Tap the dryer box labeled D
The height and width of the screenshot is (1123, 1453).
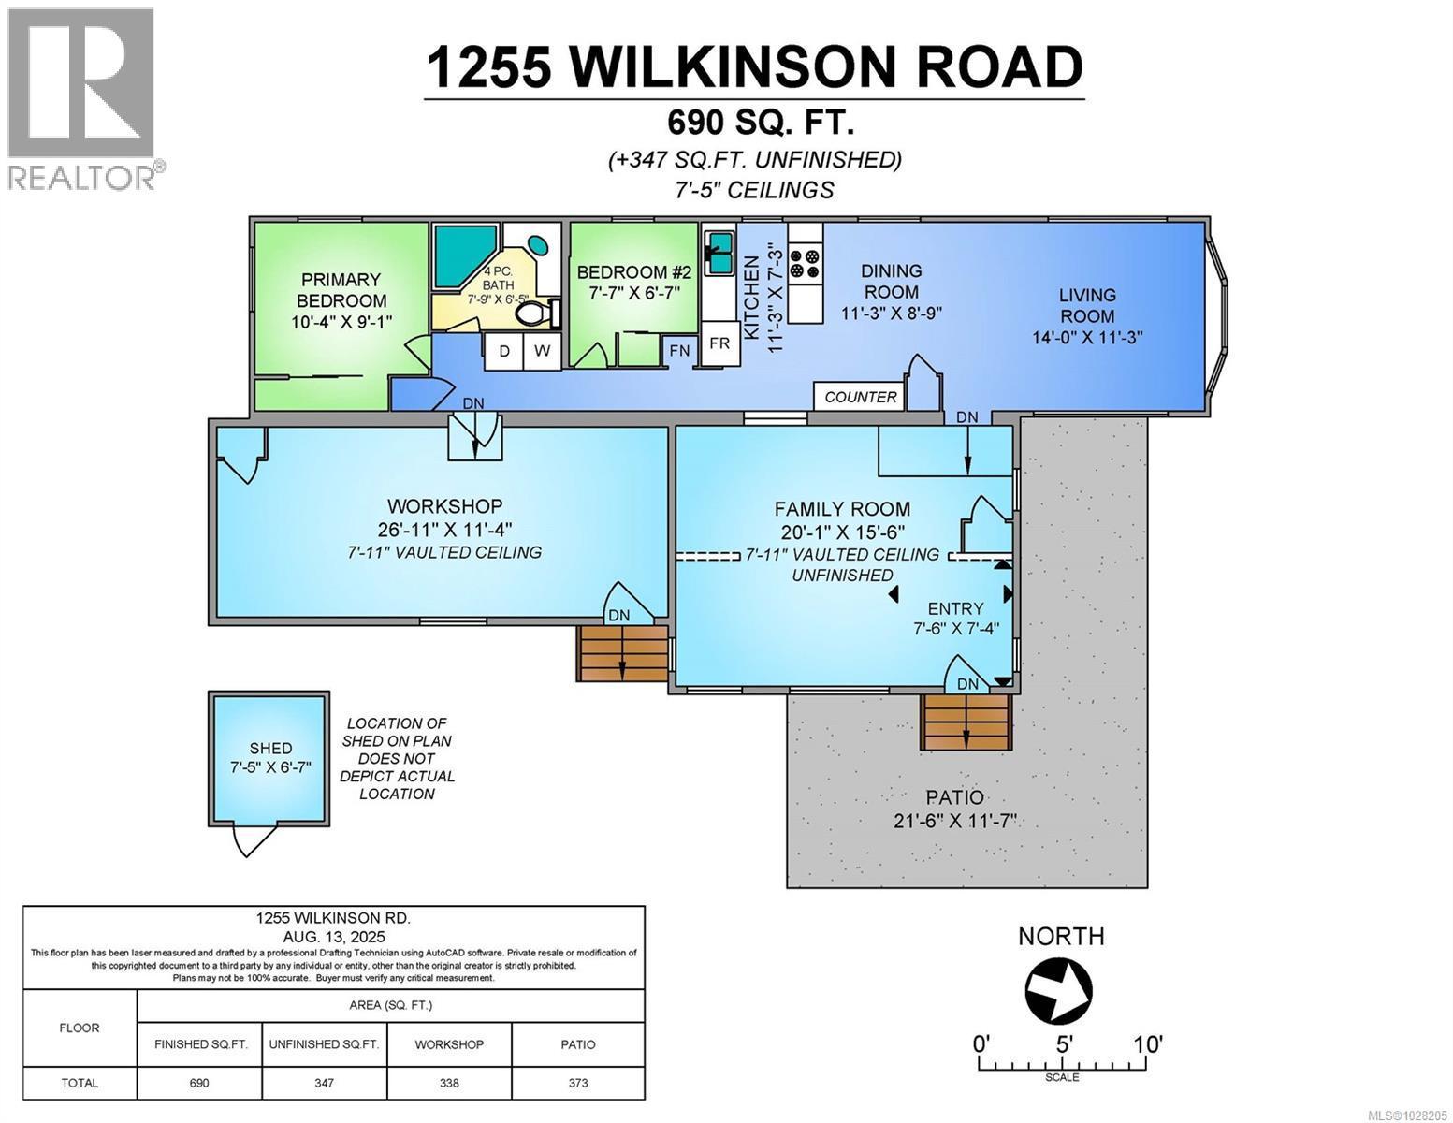[504, 352]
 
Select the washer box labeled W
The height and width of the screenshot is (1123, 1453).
[542, 352]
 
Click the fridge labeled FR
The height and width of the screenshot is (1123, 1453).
[719, 343]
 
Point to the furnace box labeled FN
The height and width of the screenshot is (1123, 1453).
[680, 351]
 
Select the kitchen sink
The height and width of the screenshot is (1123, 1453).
[719, 253]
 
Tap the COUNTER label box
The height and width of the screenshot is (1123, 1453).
[860, 397]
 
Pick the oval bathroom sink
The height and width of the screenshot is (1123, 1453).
[540, 245]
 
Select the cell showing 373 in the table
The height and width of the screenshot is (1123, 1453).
[578, 1083]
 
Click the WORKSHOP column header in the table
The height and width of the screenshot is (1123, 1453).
[449, 1044]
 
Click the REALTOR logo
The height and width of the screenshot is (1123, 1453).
[82, 98]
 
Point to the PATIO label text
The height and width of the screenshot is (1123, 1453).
[954, 797]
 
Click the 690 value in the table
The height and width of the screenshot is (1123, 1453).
[199, 1083]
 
